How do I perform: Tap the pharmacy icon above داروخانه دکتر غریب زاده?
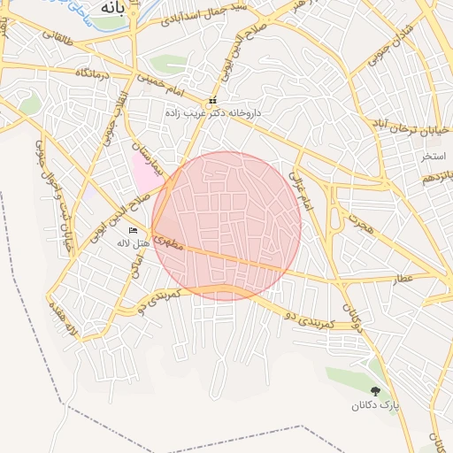[x=212, y=101]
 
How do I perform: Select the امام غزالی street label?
[x=300, y=190]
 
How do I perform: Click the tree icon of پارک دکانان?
[x=377, y=391]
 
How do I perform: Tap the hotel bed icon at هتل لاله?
[x=134, y=231]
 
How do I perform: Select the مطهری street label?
[x=169, y=241]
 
